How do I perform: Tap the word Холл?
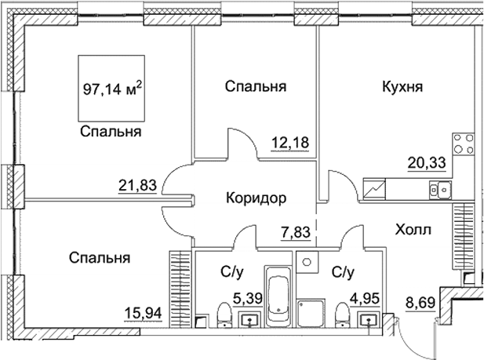[412, 229]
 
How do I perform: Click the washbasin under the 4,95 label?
[367, 319]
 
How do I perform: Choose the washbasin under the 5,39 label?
[249, 319]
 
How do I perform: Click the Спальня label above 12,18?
[254, 86]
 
